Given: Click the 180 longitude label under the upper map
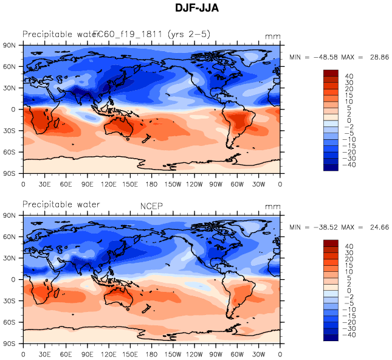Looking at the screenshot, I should pyautogui.click(x=151, y=184).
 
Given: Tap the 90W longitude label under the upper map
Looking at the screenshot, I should pyautogui.click(x=216, y=184).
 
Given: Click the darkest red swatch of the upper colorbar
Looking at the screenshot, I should pyautogui.click(x=331, y=74).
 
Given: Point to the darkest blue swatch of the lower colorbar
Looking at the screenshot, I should pyautogui.click(x=331, y=337).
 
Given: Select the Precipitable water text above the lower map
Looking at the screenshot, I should pyautogui.click(x=61, y=204).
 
